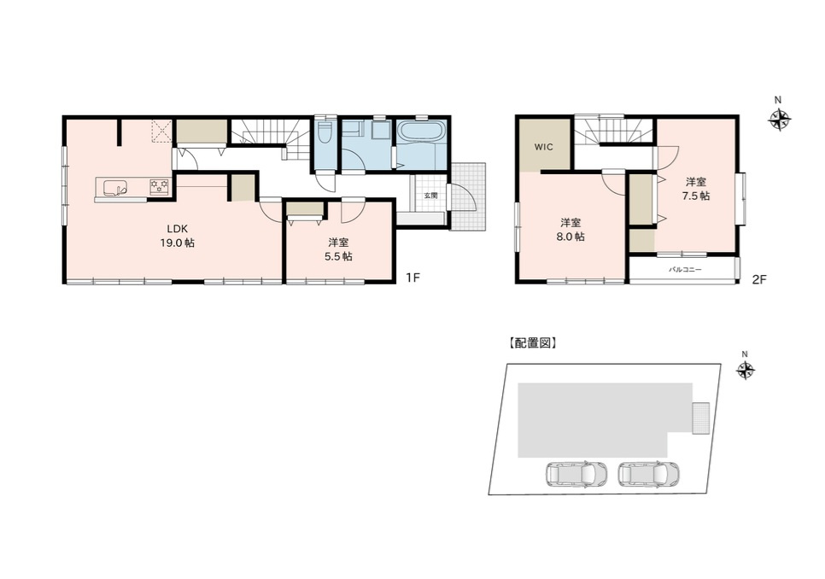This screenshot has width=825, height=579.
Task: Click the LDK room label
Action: [x=178, y=229]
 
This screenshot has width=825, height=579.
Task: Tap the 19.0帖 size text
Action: [x=178, y=243]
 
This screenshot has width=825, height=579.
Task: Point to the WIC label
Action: [x=543, y=147]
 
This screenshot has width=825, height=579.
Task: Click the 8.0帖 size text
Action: [x=570, y=237]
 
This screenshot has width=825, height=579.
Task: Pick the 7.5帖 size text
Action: [x=695, y=196]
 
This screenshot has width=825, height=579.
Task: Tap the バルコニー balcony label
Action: [x=685, y=269]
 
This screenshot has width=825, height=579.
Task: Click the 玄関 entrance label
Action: [x=431, y=195]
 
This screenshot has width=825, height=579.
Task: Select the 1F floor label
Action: [x=413, y=278]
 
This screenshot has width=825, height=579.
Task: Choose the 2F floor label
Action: [x=758, y=279]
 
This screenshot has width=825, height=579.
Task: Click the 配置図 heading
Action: [x=532, y=343]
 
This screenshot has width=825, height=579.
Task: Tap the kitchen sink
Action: [x=115, y=187]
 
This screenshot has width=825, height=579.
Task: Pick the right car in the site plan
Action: [x=649, y=473]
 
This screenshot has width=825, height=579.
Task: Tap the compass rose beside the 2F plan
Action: [x=779, y=119]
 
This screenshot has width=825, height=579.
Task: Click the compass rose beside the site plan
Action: [x=745, y=371]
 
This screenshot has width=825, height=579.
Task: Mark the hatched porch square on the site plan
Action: [x=701, y=418]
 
